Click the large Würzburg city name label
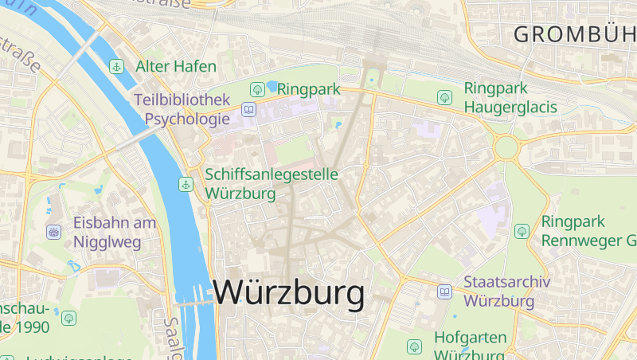(288, 292)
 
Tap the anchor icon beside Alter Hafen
(116, 66)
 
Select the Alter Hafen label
(175, 66)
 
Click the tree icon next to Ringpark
(256, 89)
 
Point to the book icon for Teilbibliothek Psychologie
(248, 109)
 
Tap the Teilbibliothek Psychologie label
(182, 110)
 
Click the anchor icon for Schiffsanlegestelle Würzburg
(186, 184)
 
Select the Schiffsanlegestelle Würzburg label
(272, 183)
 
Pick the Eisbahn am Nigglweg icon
(54, 232)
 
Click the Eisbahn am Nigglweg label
(115, 232)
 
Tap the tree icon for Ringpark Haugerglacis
(444, 96)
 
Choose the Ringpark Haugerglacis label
(510, 96)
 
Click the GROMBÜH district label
(574, 34)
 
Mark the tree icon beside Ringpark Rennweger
(522, 231)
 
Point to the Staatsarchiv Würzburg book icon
(444, 292)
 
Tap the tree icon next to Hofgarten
(414, 346)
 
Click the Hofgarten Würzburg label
(470, 346)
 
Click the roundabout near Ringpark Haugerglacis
(506, 147)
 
